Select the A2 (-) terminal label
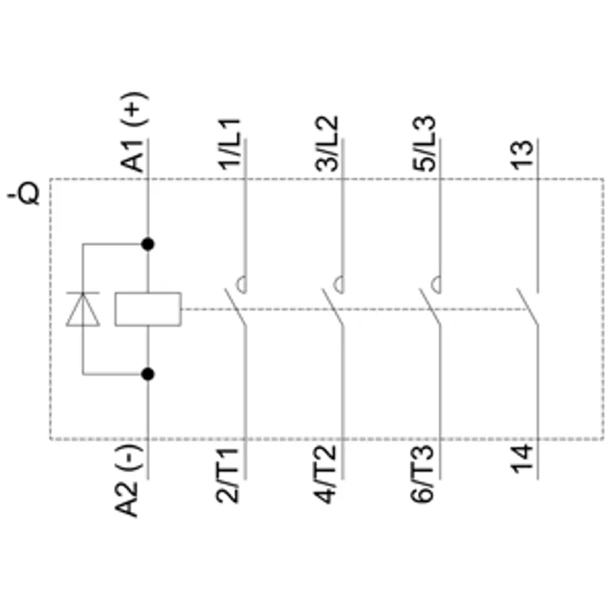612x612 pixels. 128,481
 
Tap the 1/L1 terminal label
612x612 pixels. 229,144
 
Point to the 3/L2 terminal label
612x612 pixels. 327,144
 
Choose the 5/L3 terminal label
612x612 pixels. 424,144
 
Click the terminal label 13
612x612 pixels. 522,155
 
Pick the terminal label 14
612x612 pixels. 522,459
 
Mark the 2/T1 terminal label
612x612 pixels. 227,476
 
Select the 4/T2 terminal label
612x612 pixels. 324,475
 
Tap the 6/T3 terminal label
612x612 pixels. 422,475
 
